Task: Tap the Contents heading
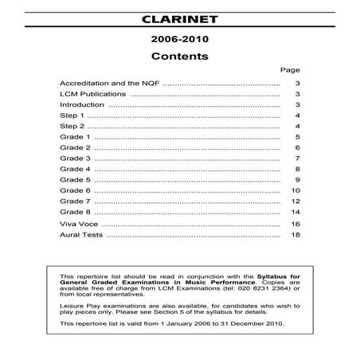pos(179,57)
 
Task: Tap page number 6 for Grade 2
pos(296,148)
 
